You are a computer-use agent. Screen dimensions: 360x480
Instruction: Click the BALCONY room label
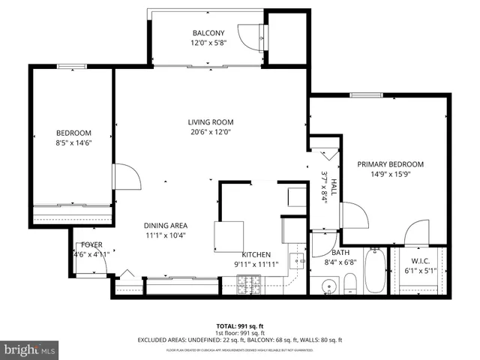(x=208, y=33)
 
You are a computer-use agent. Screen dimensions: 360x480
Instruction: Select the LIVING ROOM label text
(x=210, y=122)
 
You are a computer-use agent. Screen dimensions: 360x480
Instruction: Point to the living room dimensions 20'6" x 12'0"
(x=210, y=133)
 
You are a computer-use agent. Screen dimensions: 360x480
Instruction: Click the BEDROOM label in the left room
(x=73, y=133)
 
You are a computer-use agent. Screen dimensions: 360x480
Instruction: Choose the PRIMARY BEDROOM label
(x=390, y=164)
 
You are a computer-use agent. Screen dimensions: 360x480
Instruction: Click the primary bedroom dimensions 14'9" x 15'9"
(x=390, y=175)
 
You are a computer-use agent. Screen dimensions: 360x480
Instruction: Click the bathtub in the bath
(x=375, y=272)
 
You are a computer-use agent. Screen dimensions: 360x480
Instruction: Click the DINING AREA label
(x=165, y=225)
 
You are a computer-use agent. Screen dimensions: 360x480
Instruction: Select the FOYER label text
(x=91, y=245)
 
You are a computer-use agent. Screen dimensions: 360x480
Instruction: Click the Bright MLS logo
(x=30, y=349)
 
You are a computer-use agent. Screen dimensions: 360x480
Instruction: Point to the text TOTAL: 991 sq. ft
(x=240, y=325)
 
